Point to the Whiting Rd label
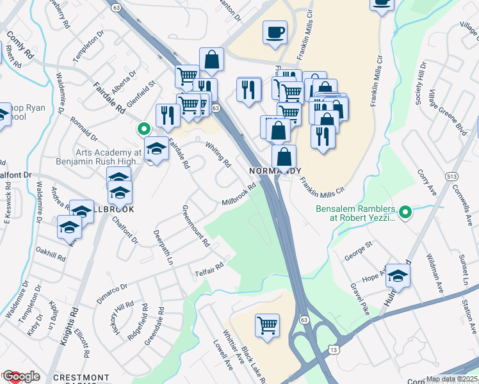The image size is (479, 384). pyautogui.click(x=218, y=155)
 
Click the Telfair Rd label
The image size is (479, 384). pyautogui.click(x=209, y=270)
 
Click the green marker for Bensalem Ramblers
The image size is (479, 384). pyautogui.click(x=405, y=212)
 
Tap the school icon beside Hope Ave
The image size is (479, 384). pyautogui.click(x=398, y=275)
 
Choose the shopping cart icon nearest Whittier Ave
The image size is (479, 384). pyautogui.click(x=266, y=324)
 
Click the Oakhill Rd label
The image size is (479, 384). pyautogui.click(x=51, y=253)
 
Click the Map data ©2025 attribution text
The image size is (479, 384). pyautogui.click(x=452, y=379)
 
